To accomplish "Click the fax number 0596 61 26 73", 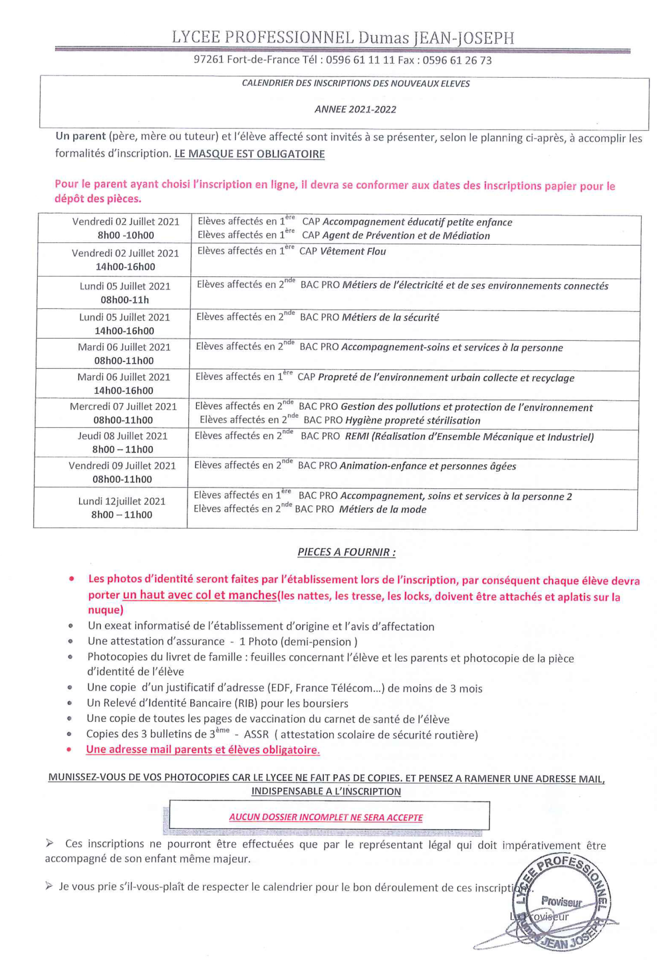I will point(457,60).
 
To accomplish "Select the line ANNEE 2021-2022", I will point(355,110).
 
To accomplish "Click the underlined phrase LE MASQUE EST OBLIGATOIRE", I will point(249,154).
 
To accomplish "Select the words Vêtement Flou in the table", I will point(353,252).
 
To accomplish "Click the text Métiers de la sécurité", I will point(390,318).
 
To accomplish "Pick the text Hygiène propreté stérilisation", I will point(412,421).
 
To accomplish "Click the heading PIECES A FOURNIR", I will point(346,552).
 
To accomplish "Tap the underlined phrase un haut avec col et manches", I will point(199,595).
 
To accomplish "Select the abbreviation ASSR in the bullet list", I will point(256,735).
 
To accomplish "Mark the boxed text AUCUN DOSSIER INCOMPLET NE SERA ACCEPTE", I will point(326,817).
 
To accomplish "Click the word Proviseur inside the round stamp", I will point(561,901).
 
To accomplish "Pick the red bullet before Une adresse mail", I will point(69,749).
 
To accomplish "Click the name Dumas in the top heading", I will point(383,38).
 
